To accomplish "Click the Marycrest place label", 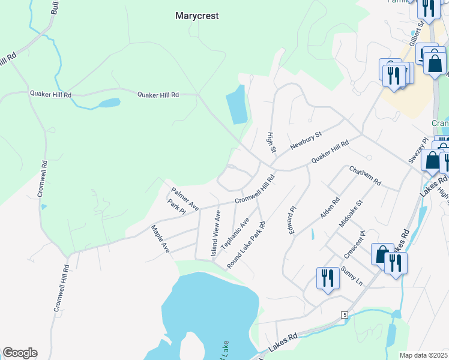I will point(197,16).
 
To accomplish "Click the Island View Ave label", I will point(215,234).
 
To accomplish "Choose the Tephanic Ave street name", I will point(235,234).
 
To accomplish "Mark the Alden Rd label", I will point(331,208).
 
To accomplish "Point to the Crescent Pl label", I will point(354,245).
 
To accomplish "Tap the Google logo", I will point(20,353).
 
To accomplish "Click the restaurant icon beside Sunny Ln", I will point(327,278).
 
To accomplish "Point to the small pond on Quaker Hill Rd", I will point(109,103).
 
